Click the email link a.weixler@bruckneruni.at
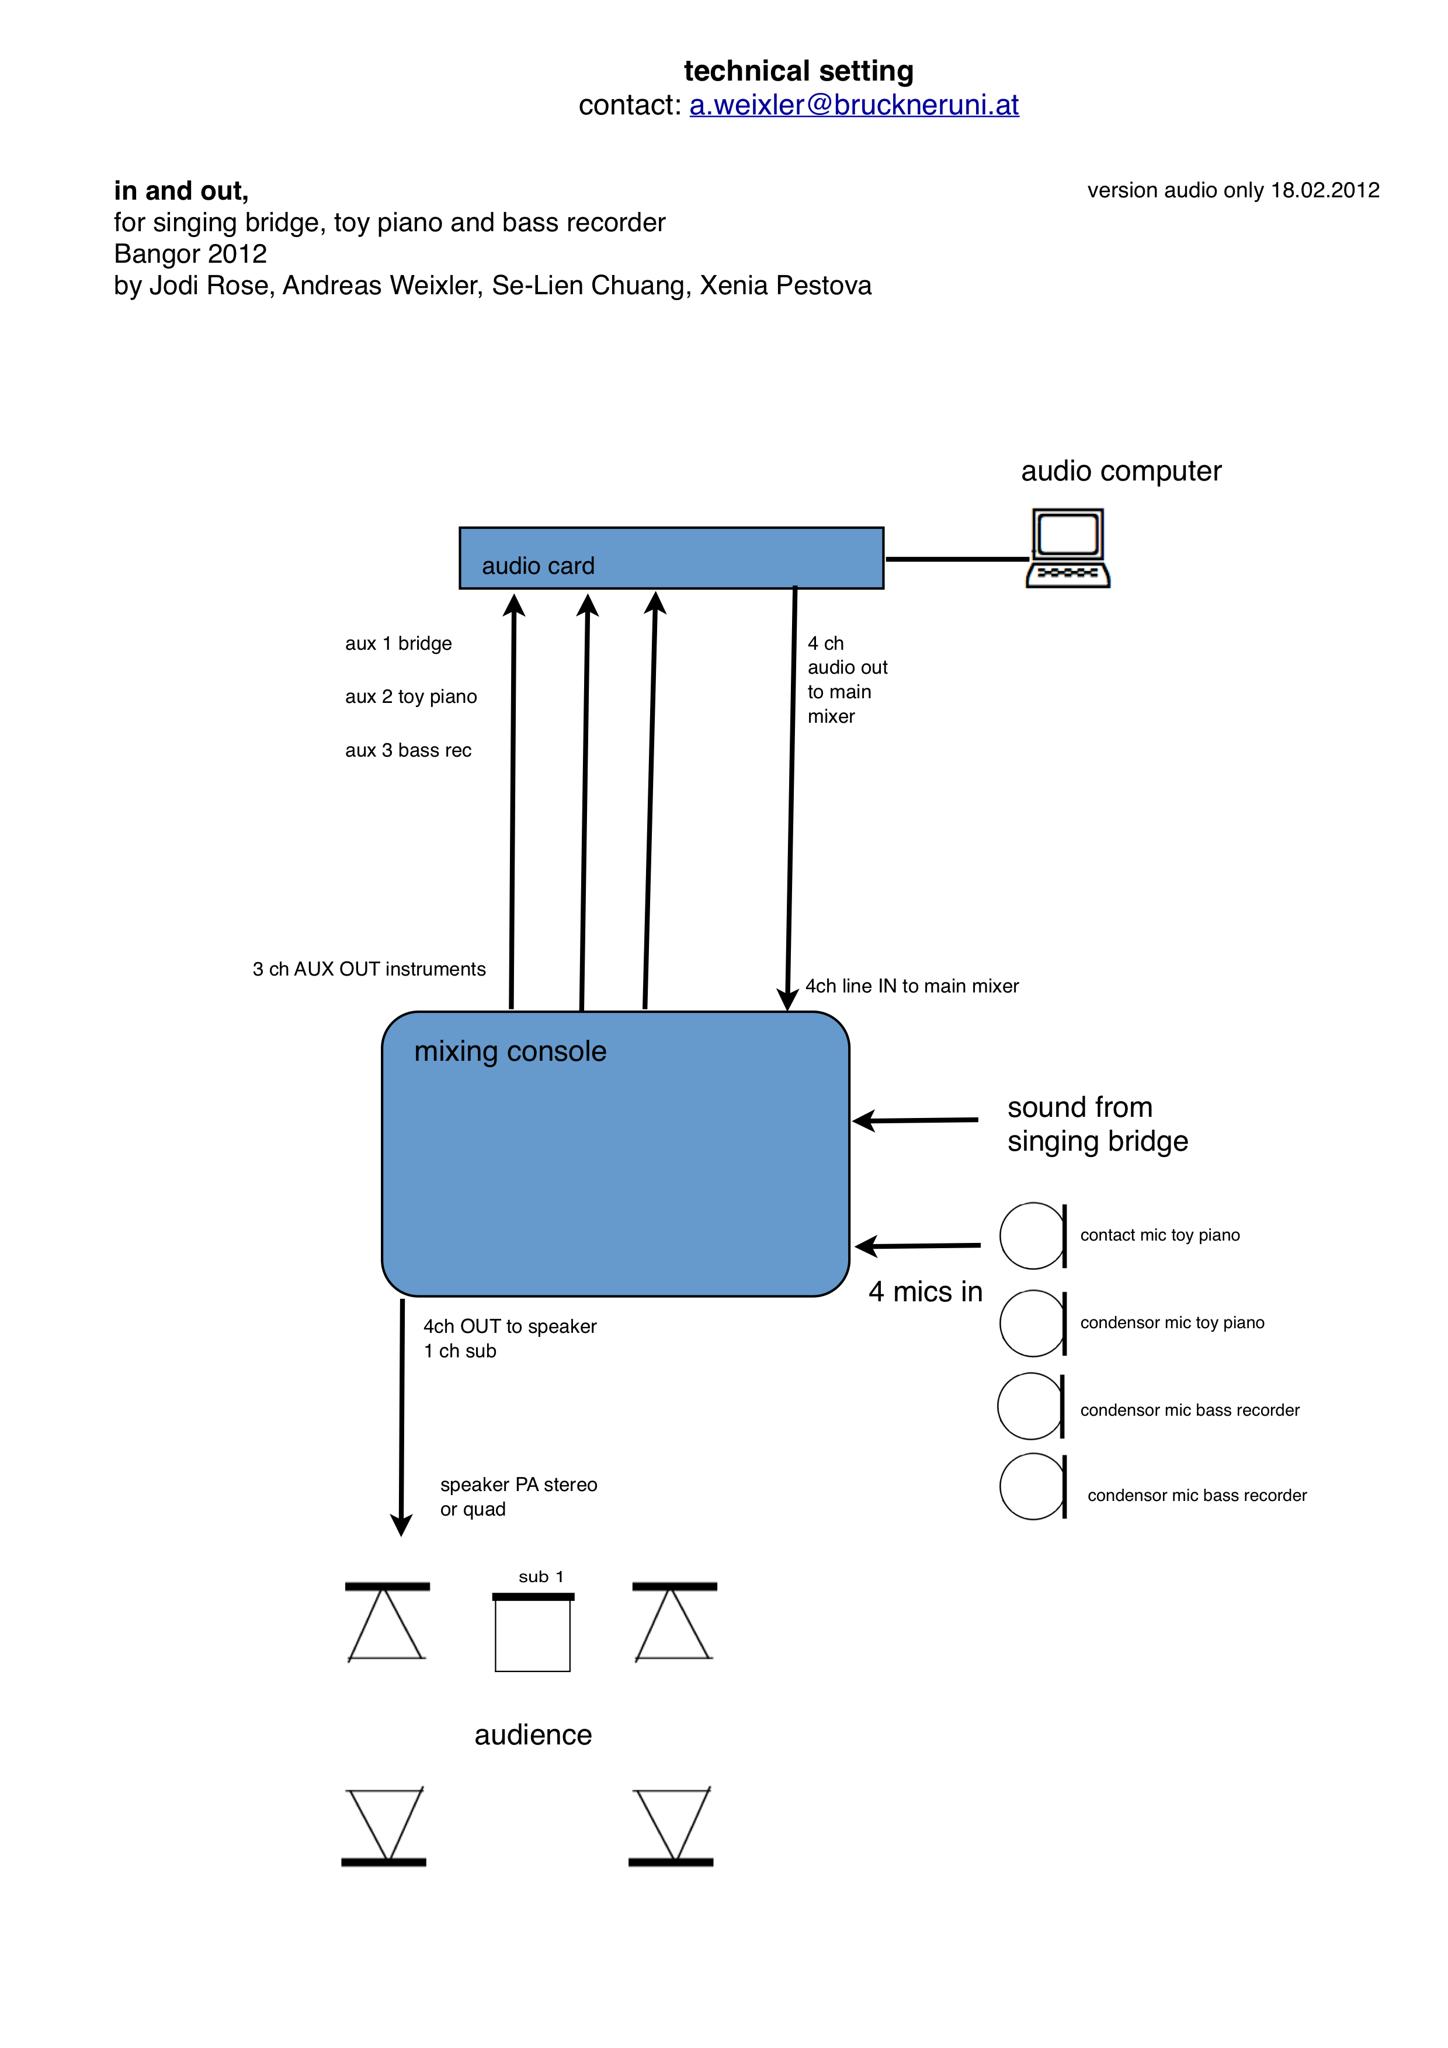pos(854,105)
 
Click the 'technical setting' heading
pos(798,71)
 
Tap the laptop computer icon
pos(1068,548)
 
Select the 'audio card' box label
pos(538,566)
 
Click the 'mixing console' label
pos(511,1051)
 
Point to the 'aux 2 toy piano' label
pos(411,696)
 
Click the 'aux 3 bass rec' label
pos(409,750)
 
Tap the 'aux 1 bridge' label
pos(399,644)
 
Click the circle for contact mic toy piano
pos(1001,1235)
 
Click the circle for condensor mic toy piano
pos(1001,1323)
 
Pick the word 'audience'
pos(533,1735)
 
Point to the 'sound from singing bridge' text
pos(1098,1124)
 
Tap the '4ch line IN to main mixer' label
pos(912,985)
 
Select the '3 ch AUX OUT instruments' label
pos(369,970)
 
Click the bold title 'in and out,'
pos(181,191)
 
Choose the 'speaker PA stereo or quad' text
pos(518,1497)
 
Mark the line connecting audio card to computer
pos(956,559)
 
